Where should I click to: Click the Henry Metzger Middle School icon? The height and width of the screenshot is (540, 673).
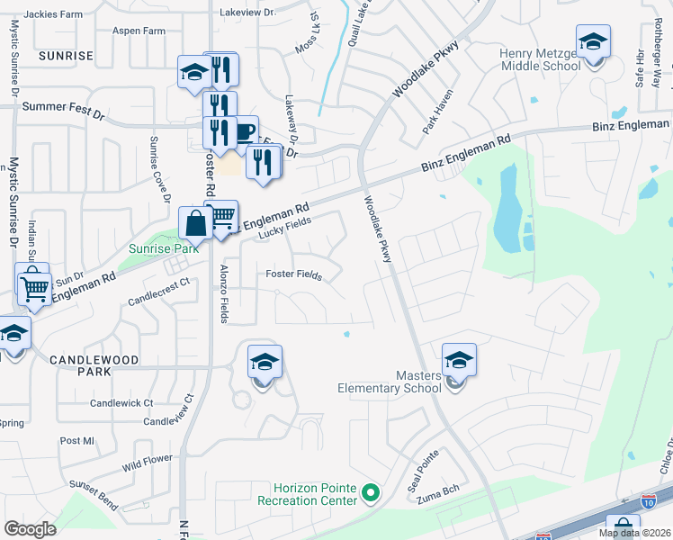click(593, 41)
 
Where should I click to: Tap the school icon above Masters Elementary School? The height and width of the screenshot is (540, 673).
click(459, 361)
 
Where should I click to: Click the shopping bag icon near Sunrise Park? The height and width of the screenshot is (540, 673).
click(195, 222)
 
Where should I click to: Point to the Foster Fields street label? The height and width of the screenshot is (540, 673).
click(293, 275)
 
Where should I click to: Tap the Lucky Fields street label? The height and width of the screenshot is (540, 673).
click(285, 227)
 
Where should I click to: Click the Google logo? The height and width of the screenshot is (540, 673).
click(30, 528)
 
